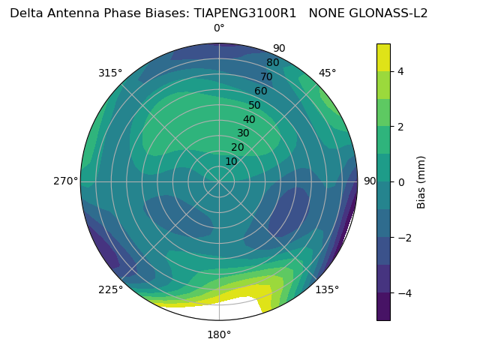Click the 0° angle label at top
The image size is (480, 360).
(219, 28)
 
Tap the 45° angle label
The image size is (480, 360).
(328, 73)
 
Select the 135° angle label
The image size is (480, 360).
(327, 289)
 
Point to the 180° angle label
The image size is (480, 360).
(219, 334)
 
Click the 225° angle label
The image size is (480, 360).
(110, 289)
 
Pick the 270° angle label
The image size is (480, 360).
(65, 181)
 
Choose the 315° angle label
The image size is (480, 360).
(110, 73)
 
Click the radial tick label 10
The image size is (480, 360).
(231, 161)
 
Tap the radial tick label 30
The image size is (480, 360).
(243, 133)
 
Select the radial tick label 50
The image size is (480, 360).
(255, 106)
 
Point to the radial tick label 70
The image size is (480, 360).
(266, 77)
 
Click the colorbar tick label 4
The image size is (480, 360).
(401, 71)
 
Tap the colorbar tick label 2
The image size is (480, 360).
(401, 127)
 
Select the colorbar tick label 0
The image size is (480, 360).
(401, 181)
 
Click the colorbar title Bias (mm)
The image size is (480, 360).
(421, 181)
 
